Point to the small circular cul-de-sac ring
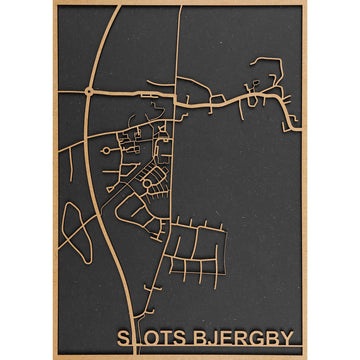pos(105,150)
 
